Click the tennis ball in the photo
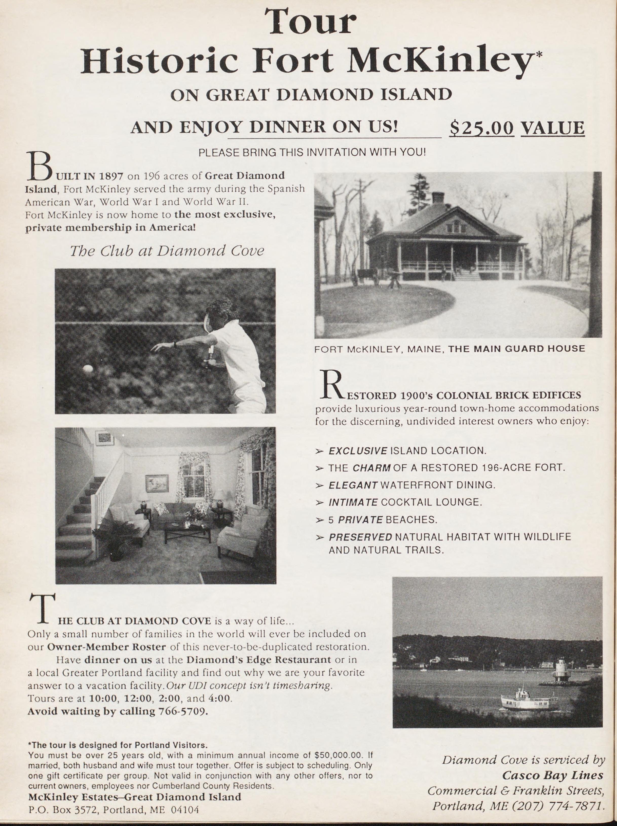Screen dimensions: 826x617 click(88, 369)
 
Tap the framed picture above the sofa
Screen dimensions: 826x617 click(157, 483)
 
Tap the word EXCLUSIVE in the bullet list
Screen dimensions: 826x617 click(358, 451)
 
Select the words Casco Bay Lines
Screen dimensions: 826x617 click(552, 776)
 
